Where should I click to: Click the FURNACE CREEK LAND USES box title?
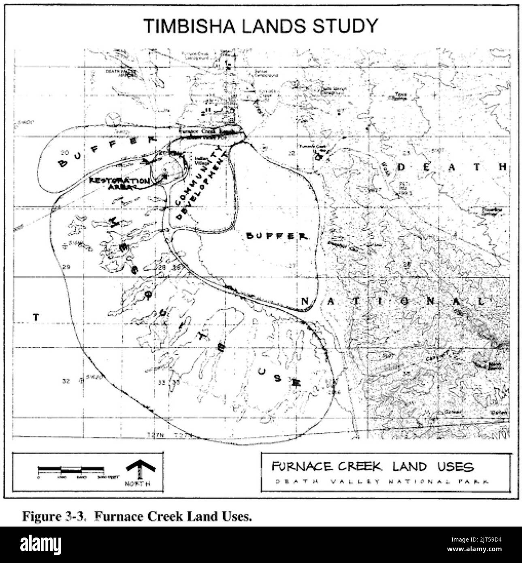click(x=372, y=467)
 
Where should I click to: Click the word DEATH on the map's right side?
click(x=452, y=167)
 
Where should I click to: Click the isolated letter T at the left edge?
click(x=36, y=317)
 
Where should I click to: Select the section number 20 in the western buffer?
click(x=64, y=153)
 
